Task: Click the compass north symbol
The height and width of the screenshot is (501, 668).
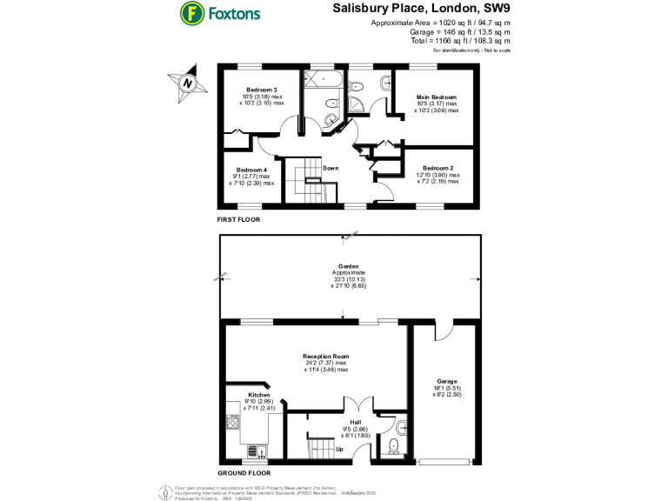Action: coord(187,83)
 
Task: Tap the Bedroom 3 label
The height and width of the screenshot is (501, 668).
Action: coord(261,90)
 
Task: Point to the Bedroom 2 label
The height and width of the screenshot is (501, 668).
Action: coord(438,167)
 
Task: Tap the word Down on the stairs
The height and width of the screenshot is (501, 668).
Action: coord(331,168)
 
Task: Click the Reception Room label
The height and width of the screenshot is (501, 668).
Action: coord(326,357)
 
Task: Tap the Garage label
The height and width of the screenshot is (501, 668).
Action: coord(447,381)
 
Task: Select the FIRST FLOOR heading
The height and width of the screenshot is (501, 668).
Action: coord(238,220)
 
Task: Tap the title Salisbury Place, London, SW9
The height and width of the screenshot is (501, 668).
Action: coord(421,8)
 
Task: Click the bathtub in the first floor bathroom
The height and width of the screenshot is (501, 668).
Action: coord(324,79)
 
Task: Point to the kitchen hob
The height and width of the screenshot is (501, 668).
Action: coord(232,423)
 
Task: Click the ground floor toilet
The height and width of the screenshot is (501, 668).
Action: coord(393,445)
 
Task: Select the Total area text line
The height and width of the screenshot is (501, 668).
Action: coord(460,40)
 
